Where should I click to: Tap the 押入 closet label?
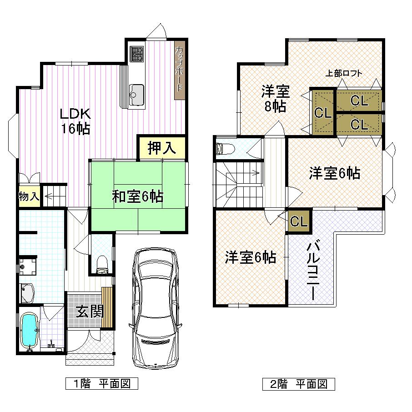[161, 149]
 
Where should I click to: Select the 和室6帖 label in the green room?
[138, 196]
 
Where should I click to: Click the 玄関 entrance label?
[89, 312]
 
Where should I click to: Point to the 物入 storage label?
[28, 196]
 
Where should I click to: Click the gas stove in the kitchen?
[136, 54]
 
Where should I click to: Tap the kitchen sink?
[136, 92]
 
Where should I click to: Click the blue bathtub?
[29, 329]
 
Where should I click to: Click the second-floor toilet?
[226, 149]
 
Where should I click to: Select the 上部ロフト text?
[344, 73]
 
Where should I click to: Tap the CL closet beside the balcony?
[299, 221]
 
